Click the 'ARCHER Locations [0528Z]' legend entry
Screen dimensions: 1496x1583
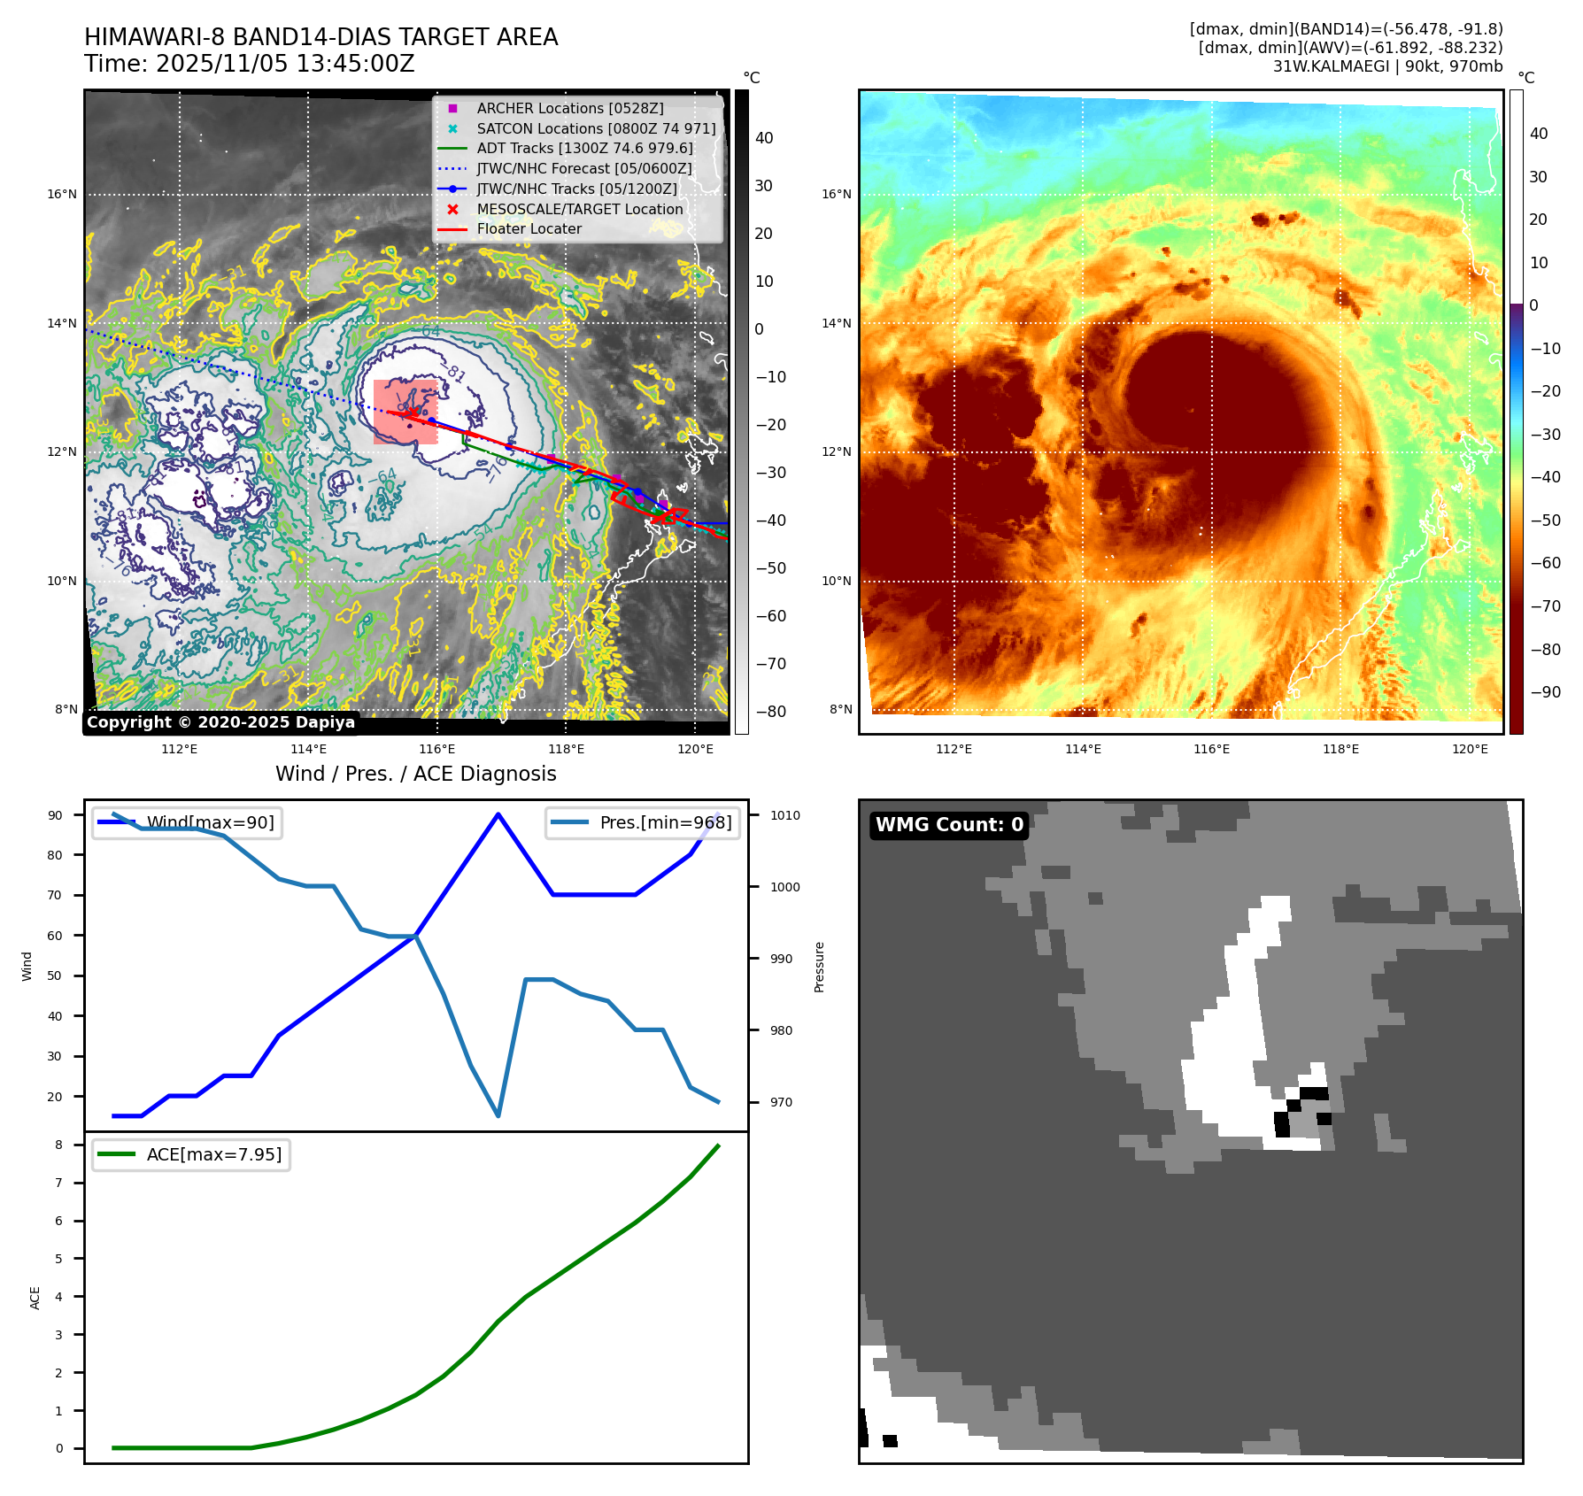pos(569,108)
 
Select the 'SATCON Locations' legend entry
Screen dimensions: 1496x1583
pos(595,128)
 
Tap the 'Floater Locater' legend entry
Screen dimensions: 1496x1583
pos(529,228)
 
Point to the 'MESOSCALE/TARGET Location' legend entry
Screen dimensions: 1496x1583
pos(579,209)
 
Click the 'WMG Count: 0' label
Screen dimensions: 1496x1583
pos(949,825)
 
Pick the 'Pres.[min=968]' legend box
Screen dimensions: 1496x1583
pos(643,822)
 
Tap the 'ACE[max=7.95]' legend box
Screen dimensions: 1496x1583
pos(191,1154)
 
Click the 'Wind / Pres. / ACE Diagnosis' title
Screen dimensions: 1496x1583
pos(415,774)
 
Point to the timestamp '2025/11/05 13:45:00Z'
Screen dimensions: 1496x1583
pos(285,64)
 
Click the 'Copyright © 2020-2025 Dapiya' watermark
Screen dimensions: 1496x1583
pos(220,722)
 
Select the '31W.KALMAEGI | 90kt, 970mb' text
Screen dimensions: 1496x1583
pos(1387,66)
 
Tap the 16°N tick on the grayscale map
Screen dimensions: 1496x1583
pos(62,195)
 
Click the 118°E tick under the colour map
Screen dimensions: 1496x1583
pos(1340,749)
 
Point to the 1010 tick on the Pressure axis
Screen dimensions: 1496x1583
pos(784,815)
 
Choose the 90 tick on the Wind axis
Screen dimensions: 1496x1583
pos(55,815)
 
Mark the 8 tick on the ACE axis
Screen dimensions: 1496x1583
pos(58,1145)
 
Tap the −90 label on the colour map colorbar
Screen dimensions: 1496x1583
pos(1545,692)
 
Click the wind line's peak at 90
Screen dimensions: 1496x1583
pos(498,814)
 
